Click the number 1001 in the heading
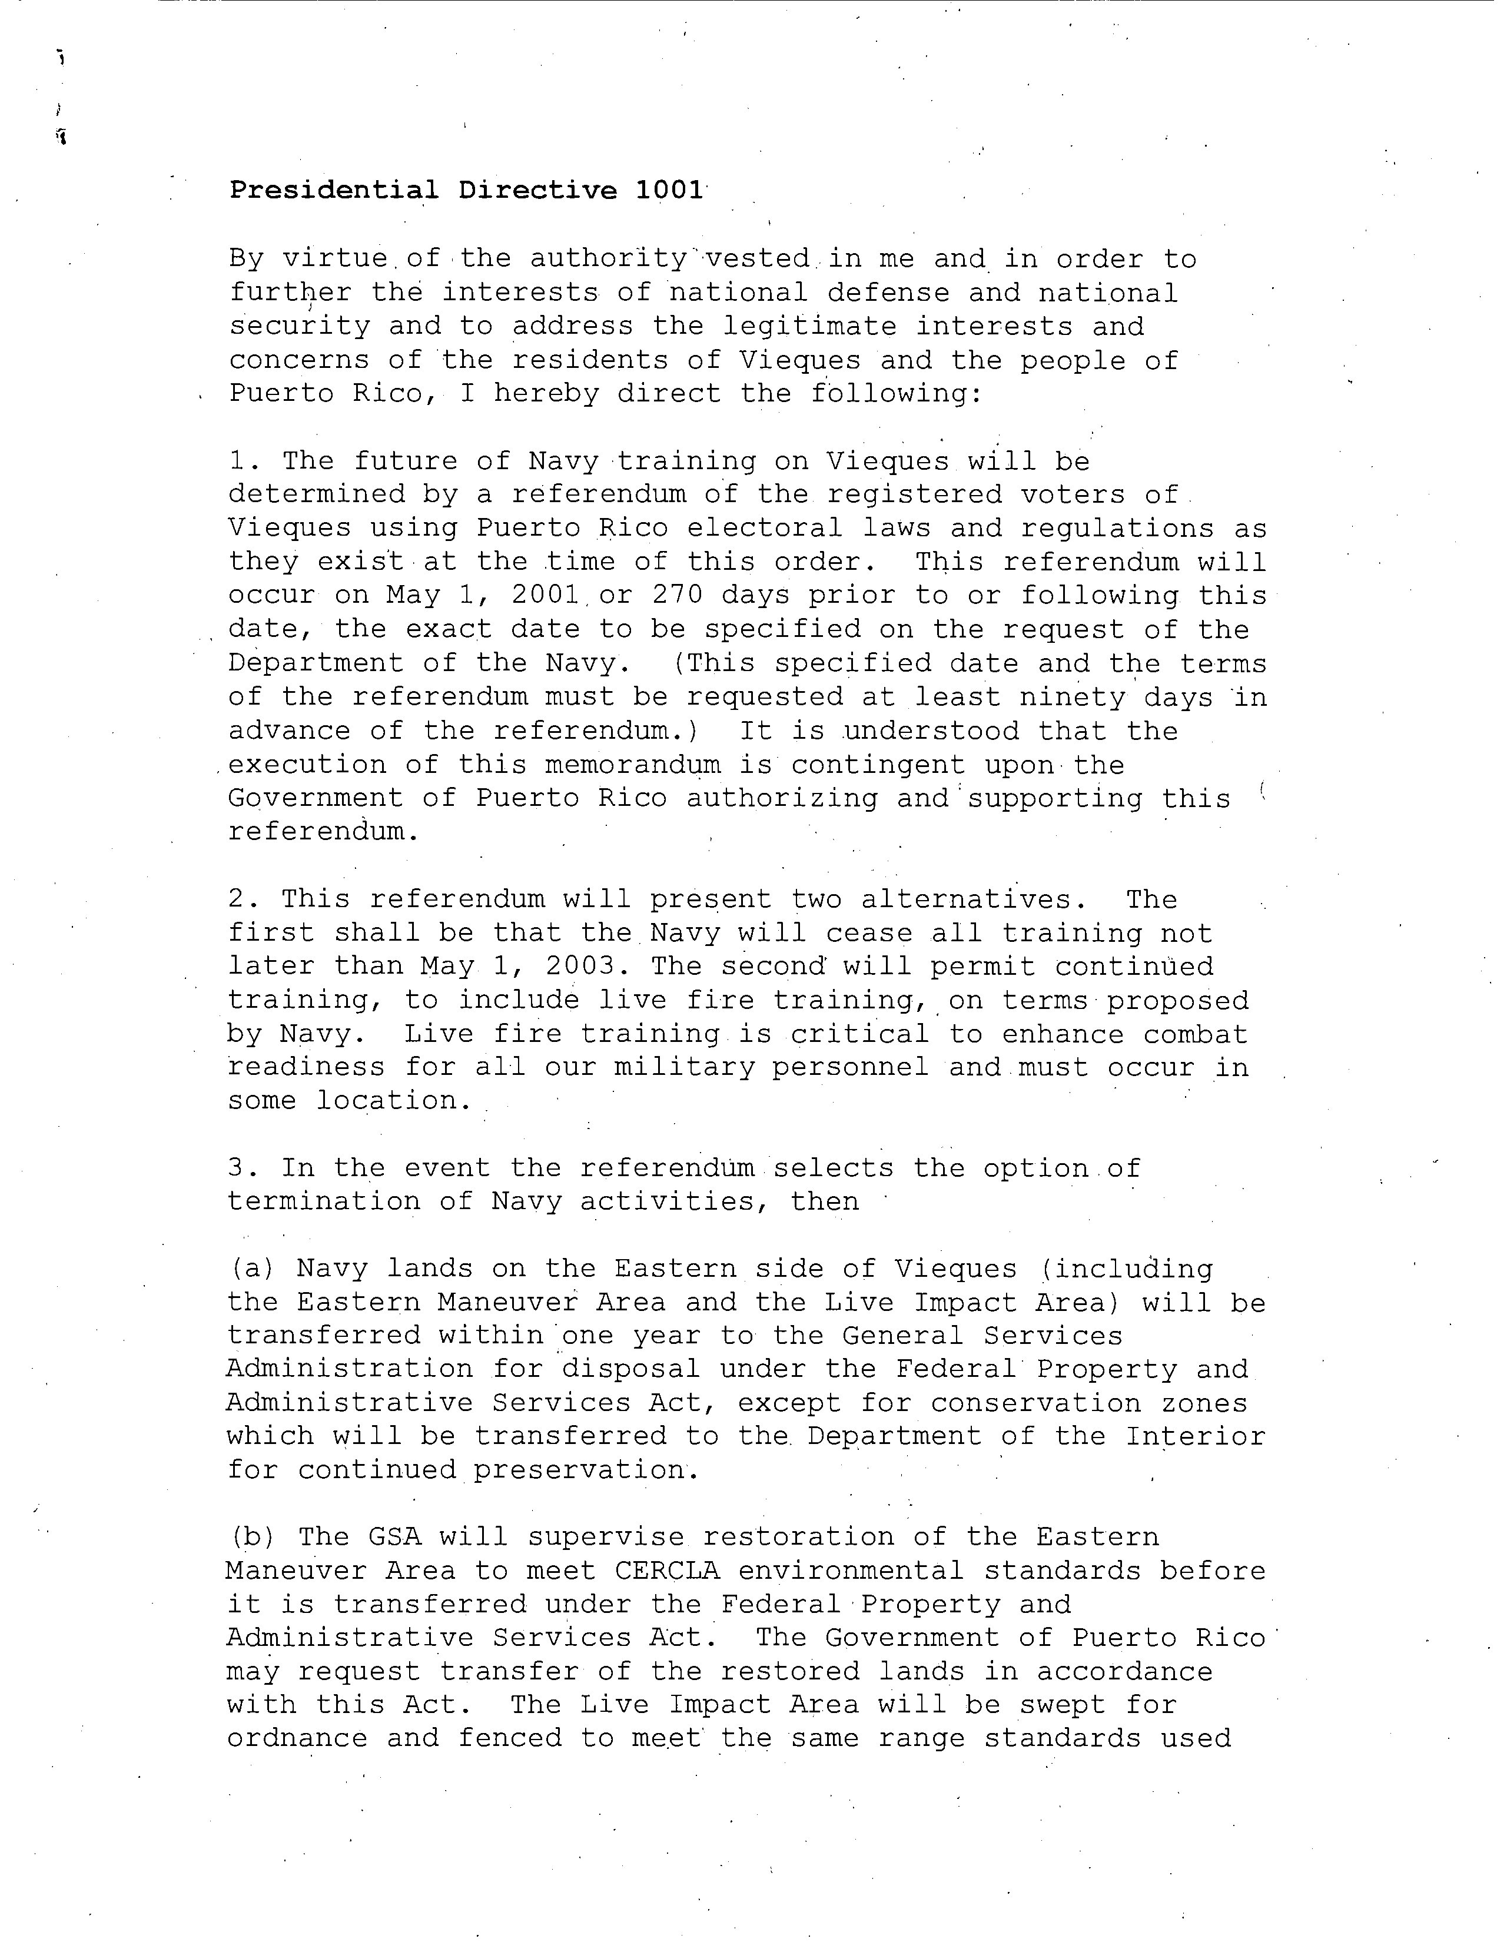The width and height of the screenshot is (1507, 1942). pos(669,190)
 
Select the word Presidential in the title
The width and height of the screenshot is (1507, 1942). pos(333,190)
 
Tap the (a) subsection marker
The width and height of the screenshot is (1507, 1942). pos(253,1270)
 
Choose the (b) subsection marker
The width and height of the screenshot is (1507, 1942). pos(253,1538)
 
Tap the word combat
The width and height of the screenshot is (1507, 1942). pos(1195,1035)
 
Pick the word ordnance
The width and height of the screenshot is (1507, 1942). pos(297,1739)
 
